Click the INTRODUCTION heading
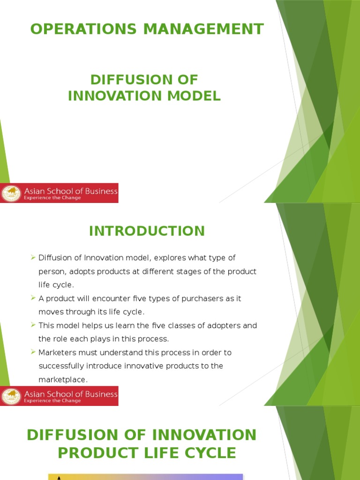click(147, 231)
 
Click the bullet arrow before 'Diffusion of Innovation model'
click(33, 257)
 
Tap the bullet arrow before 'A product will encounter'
click(33, 298)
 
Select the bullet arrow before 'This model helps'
click(33, 325)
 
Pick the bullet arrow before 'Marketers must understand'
click(33, 352)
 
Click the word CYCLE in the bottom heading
click(210, 453)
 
